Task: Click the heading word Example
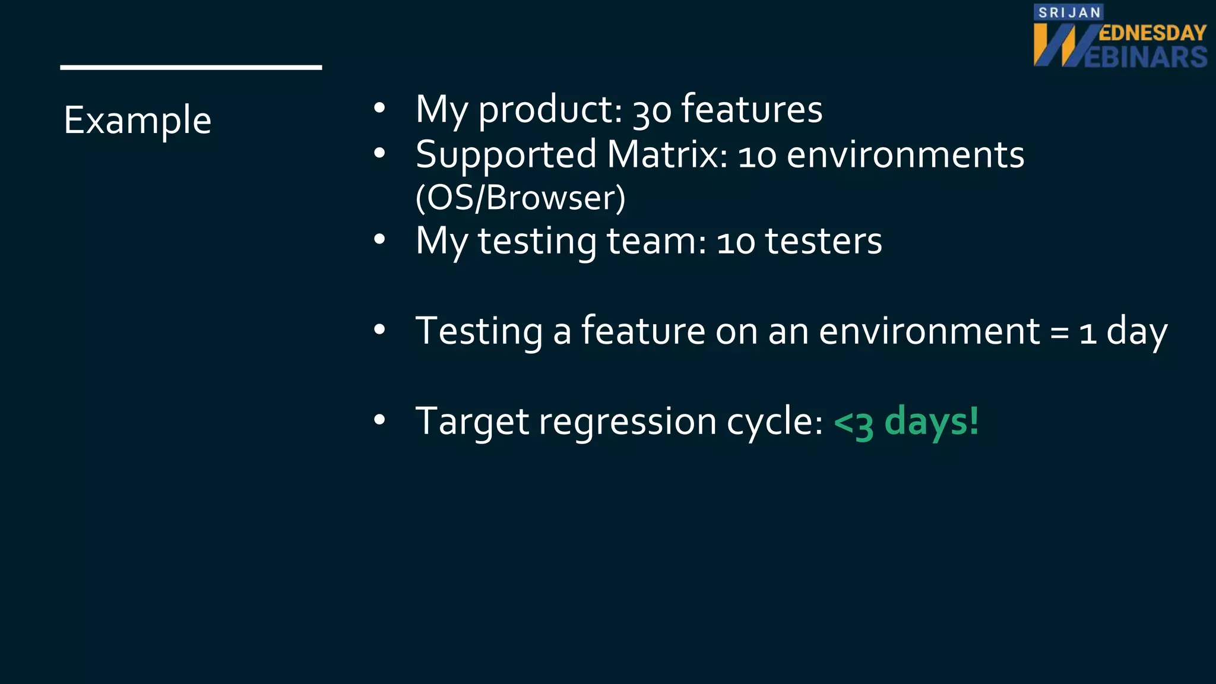pos(137,121)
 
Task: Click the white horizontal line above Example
pos(191,68)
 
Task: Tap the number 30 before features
pos(651,111)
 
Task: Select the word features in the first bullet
pos(752,109)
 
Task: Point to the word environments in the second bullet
pos(905,155)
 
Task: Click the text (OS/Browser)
pos(520,198)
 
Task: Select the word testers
pos(823,241)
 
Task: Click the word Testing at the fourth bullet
pos(479,331)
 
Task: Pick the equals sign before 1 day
pos(1060,332)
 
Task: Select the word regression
pos(628,422)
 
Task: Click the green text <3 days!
pos(906,422)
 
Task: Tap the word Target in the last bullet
pos(472,422)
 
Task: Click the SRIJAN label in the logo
pos(1069,12)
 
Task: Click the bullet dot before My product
pos(379,108)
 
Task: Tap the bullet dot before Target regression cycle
pos(379,420)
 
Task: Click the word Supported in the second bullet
pos(506,155)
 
